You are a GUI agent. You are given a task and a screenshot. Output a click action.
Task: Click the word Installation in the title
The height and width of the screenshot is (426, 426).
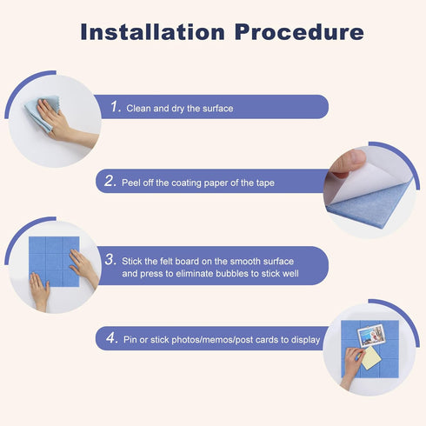(152, 31)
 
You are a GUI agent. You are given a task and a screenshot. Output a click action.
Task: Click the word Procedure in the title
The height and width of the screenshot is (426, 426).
(299, 31)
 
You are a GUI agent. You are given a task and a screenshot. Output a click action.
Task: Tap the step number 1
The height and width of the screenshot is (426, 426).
(116, 106)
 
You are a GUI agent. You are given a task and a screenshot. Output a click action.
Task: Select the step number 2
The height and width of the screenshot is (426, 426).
(110, 181)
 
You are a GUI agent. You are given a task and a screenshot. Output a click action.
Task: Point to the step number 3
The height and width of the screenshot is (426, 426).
(110, 259)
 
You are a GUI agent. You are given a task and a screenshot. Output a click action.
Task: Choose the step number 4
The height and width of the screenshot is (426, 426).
(112, 337)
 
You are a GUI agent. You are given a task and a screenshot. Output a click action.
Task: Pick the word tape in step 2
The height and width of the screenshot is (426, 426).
(265, 183)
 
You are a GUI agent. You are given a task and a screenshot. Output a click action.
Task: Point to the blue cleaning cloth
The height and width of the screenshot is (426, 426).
(42, 114)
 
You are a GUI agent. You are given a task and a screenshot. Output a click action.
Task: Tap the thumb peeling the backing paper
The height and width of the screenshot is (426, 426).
(349, 162)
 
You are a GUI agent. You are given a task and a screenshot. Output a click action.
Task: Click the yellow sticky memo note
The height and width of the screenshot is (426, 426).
(371, 358)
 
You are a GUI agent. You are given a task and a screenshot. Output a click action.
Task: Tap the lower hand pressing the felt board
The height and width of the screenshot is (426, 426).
(39, 291)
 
